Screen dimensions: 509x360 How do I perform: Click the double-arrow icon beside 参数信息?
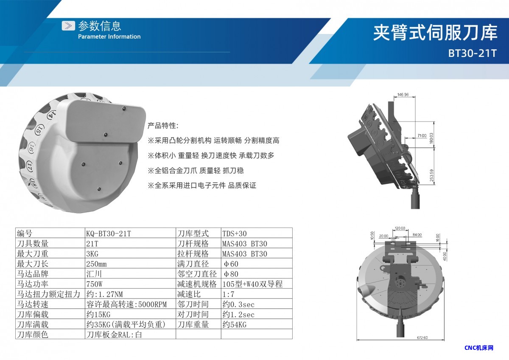[68, 26]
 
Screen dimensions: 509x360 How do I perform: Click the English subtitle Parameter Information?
[109, 37]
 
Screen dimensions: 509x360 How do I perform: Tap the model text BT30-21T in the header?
[473, 53]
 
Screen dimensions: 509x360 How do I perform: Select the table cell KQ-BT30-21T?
[109, 233]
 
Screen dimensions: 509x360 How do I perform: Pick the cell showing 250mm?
[96, 264]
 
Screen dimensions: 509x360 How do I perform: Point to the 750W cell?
[94, 284]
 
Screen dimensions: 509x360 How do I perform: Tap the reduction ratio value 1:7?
[228, 294]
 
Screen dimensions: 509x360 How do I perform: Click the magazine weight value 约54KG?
[235, 324]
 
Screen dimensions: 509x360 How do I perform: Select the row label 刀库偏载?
[33, 314]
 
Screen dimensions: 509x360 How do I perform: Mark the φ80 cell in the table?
[231, 274]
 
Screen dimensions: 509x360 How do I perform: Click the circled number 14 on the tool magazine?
[52, 115]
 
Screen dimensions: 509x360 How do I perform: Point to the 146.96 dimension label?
[403, 94]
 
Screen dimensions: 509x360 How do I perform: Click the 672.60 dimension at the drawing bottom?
[422, 338]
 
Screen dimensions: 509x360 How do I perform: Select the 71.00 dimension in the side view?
[422, 135]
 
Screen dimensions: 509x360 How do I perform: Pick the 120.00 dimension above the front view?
[400, 228]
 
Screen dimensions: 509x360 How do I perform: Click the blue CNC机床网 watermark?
[479, 348]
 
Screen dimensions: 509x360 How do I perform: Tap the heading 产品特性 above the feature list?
[163, 126]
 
